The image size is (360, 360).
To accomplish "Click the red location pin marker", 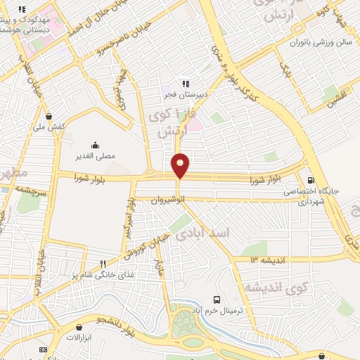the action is [181, 165].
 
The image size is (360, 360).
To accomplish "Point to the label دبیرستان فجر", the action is [187, 94].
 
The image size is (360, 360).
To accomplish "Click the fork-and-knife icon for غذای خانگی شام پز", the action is [103, 264].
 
